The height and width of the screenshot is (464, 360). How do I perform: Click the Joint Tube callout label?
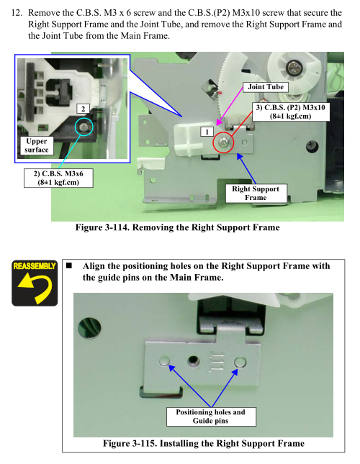coord(266,87)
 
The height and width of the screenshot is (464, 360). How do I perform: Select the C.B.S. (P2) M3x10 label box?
coord(291,112)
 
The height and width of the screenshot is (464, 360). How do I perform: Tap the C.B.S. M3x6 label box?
coord(58,178)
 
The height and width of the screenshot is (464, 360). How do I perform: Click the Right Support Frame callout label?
coord(256,193)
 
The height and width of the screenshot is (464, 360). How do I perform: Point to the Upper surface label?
coord(37,145)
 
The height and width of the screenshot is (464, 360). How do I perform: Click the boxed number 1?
coord(207,132)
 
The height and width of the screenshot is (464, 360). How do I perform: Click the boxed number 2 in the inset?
coord(83,109)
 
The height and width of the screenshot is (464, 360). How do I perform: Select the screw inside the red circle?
coord(223,142)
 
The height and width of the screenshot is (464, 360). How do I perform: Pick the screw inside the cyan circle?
coord(84,127)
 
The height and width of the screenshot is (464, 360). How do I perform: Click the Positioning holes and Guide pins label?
coord(211,417)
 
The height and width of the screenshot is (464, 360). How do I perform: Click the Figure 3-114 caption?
coord(178,227)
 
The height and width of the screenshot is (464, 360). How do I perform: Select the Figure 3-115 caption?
coord(204,443)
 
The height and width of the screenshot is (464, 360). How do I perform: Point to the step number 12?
coord(17,13)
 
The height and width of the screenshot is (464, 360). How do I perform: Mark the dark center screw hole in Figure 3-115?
coord(194,360)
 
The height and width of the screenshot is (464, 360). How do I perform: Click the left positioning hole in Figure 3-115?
coord(164,361)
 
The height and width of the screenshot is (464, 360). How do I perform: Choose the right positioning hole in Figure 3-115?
coord(240,362)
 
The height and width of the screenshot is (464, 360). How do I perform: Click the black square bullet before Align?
coord(69,265)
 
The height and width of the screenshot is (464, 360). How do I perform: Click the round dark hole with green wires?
coord(89,327)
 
